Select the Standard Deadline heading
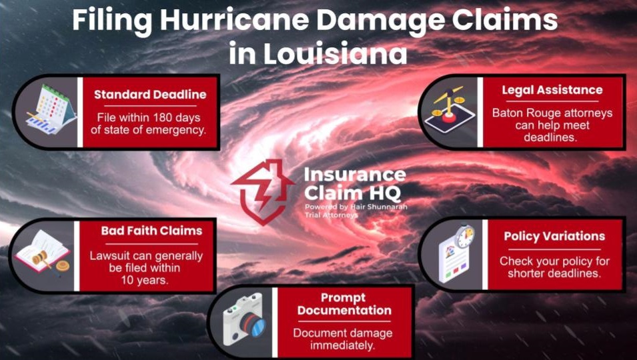[x=150, y=95]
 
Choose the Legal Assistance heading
[x=552, y=90]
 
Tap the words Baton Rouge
[x=524, y=113]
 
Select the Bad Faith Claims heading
[x=151, y=231]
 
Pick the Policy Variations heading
[x=554, y=236]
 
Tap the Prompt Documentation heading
[x=344, y=304]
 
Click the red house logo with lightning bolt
[x=262, y=191]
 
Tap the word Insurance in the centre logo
[x=354, y=175]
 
